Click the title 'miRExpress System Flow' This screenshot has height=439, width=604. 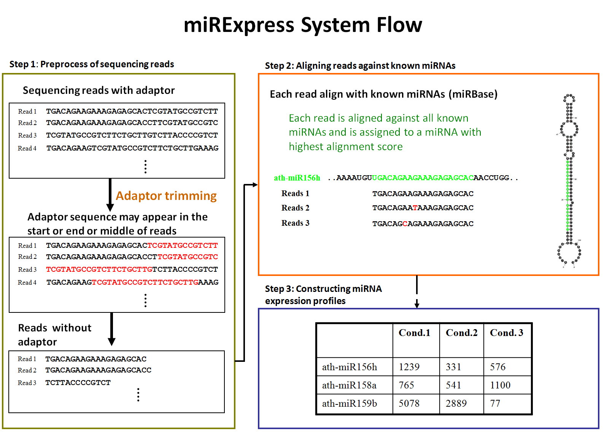(303, 25)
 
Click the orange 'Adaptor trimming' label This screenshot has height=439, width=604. (166, 196)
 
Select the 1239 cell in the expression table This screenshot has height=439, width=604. (409, 367)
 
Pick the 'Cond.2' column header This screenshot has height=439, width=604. (461, 333)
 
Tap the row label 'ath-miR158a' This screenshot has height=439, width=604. (349, 385)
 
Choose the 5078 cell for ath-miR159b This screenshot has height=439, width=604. (409, 403)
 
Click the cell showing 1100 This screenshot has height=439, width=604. (500, 385)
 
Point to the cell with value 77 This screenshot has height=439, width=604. (495, 403)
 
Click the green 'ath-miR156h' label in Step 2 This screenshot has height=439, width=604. (297, 178)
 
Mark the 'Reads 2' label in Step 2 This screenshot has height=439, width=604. (295, 208)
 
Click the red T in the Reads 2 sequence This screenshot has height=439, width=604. (415, 208)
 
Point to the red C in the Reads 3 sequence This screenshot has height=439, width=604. (405, 223)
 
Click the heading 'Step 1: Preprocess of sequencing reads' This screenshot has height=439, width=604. (92, 64)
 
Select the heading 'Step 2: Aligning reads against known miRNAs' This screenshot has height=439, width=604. (360, 66)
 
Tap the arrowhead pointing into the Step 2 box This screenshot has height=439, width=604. (255, 185)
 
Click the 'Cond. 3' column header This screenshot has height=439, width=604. (506, 333)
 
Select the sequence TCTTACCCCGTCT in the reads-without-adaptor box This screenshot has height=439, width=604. (78, 383)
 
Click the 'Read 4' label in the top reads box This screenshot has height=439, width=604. (27, 148)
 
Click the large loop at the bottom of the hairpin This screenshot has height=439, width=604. (569, 253)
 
